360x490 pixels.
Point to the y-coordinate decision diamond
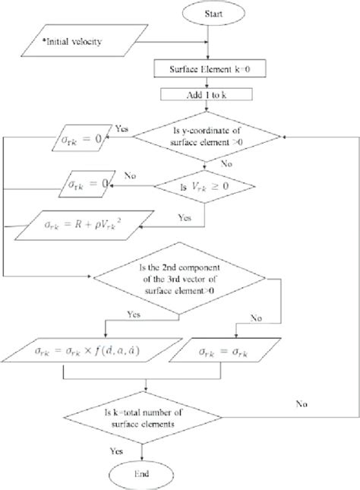[x=207, y=137]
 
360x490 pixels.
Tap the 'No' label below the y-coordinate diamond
[x=225, y=163]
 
